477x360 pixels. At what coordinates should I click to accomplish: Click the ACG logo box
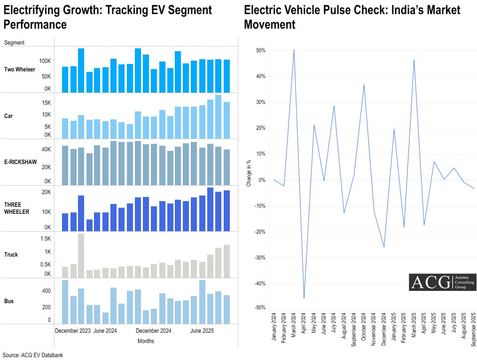(442, 282)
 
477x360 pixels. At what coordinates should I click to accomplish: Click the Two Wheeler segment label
(19, 70)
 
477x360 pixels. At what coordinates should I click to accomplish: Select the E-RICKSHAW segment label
(20, 162)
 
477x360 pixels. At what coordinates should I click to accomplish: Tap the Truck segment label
(11, 254)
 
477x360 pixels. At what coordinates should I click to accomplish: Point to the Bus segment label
(9, 301)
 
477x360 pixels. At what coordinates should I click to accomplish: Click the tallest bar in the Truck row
(81, 256)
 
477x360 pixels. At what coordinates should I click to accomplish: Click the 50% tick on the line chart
(260, 50)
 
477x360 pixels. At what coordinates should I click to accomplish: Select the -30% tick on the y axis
(259, 258)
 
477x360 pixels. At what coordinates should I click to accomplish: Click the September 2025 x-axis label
(473, 329)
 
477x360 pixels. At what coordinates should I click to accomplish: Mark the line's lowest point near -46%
(304, 298)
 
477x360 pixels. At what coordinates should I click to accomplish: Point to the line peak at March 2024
(294, 49)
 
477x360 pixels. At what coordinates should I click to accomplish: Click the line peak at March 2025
(414, 60)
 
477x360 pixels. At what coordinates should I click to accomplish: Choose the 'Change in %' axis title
(249, 173)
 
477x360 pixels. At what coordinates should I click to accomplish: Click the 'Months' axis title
(146, 341)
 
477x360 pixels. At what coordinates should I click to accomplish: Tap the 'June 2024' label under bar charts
(105, 331)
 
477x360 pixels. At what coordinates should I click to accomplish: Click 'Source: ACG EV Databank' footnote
(32, 355)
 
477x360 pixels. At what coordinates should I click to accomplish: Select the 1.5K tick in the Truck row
(45, 238)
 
